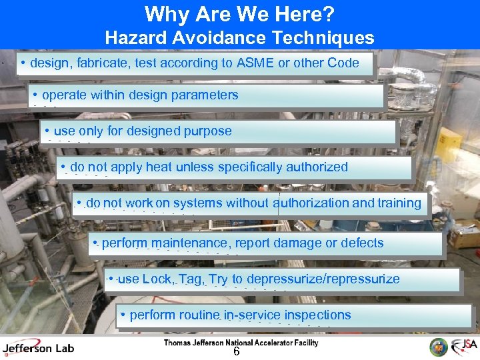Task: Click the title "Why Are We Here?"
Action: tap(240, 13)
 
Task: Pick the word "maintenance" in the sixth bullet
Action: tap(189, 243)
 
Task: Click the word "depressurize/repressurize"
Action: tap(323, 279)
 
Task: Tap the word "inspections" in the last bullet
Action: tap(317, 315)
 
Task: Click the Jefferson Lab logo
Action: tap(38, 347)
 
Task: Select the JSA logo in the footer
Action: tap(463, 347)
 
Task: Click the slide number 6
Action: tap(236, 352)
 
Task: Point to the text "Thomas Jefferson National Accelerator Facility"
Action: tap(241, 343)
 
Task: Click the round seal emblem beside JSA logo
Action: tap(439, 347)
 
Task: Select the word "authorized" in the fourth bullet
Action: tap(317, 167)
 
